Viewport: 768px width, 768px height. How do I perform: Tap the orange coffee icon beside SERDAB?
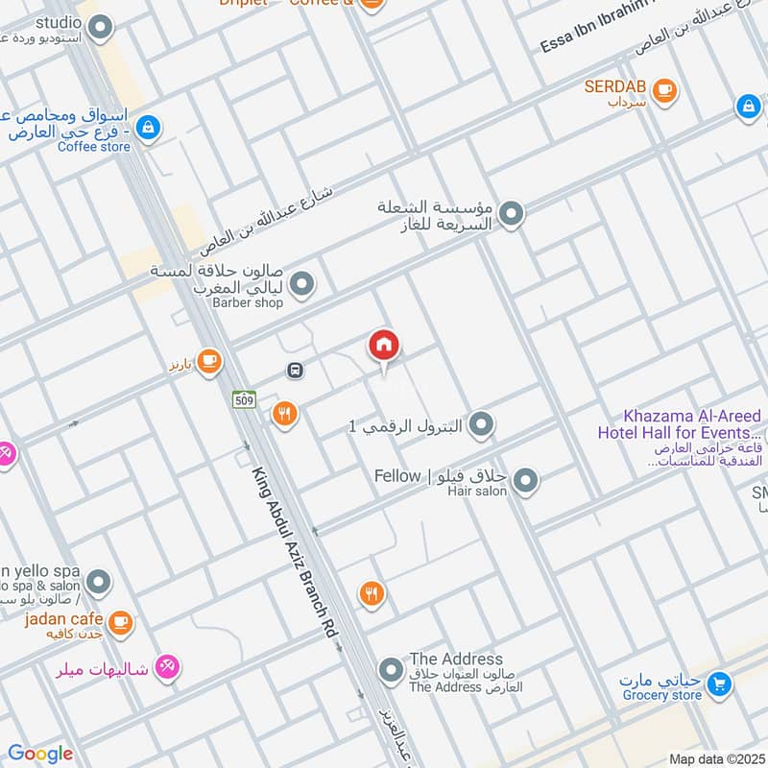point(663,90)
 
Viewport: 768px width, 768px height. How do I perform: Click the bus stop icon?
point(296,371)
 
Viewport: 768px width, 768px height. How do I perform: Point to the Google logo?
point(39,754)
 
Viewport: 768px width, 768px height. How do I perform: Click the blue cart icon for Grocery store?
point(717,684)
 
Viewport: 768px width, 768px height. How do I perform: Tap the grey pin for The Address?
point(390,671)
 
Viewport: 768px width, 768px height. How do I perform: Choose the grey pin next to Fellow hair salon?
point(524,481)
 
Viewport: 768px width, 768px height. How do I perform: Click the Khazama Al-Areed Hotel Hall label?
point(692,424)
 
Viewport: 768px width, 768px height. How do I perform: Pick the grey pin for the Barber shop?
point(302,284)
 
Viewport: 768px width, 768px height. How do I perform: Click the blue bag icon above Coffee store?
point(147,126)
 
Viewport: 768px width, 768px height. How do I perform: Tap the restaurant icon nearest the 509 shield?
point(284,414)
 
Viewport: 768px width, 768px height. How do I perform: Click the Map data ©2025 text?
point(715,758)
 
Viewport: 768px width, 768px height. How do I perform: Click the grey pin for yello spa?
point(97,582)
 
